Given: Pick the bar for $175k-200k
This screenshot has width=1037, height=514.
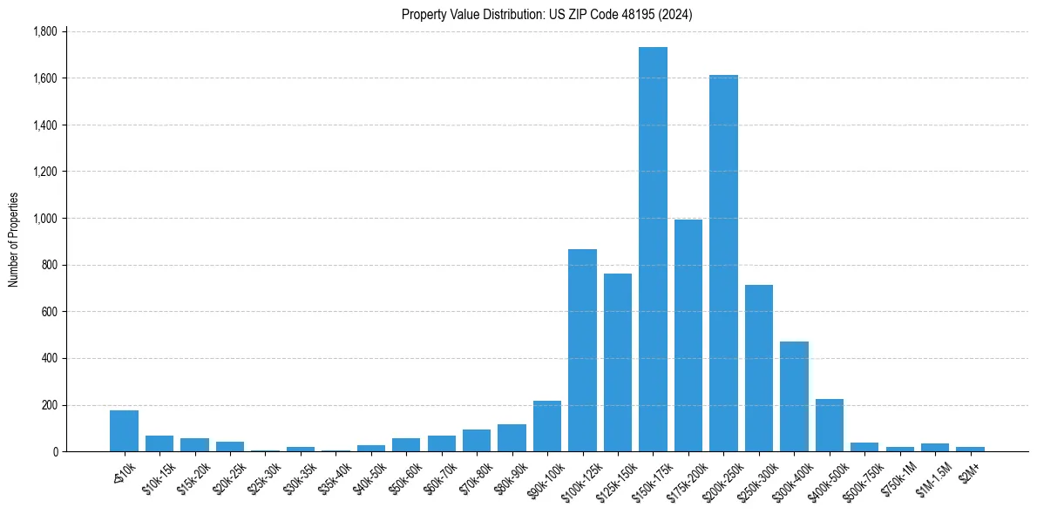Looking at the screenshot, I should [x=688, y=335].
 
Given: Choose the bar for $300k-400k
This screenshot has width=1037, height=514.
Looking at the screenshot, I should [x=794, y=396].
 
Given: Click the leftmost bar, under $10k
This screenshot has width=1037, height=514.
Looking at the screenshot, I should [x=124, y=431].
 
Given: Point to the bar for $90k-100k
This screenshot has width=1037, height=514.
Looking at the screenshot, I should [x=547, y=426].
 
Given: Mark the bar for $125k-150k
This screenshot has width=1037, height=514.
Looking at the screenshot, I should [x=618, y=362].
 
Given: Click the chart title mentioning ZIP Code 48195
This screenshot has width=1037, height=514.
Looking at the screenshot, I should [x=546, y=15].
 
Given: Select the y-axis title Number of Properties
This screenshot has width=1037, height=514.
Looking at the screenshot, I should [x=14, y=240].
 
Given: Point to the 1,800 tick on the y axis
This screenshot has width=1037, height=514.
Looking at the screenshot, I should [x=44, y=31].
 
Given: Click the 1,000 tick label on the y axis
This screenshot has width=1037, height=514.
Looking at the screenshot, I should [x=44, y=219].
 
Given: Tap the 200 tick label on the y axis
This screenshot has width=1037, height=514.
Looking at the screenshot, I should [x=49, y=405].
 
